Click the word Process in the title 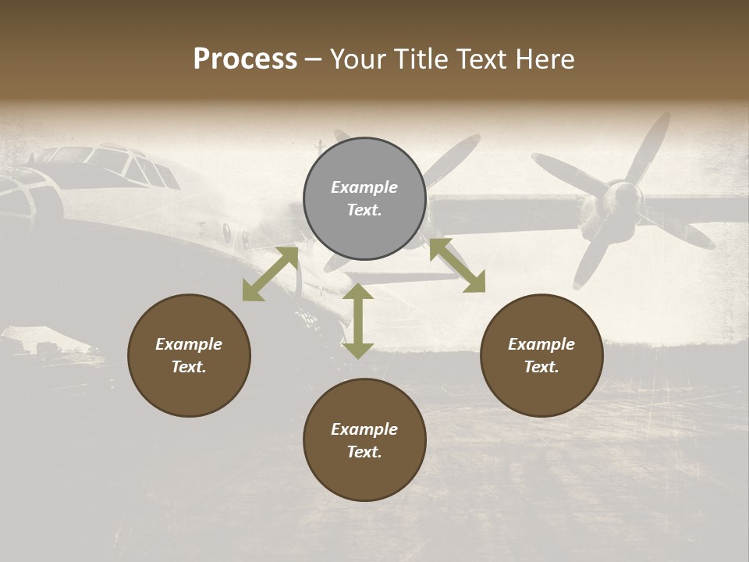pos(245,59)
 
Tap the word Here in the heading pos(546,59)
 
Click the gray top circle pos(364,199)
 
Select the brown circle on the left pos(189,355)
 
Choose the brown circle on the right pos(541,355)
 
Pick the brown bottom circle pos(364,439)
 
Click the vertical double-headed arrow pos(358,321)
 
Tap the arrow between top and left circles pos(270,274)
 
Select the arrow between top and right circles pos(457,265)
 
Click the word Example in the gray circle pos(364,187)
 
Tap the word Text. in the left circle pos(189,367)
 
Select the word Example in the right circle pos(541,344)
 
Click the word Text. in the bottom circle pos(364,452)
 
